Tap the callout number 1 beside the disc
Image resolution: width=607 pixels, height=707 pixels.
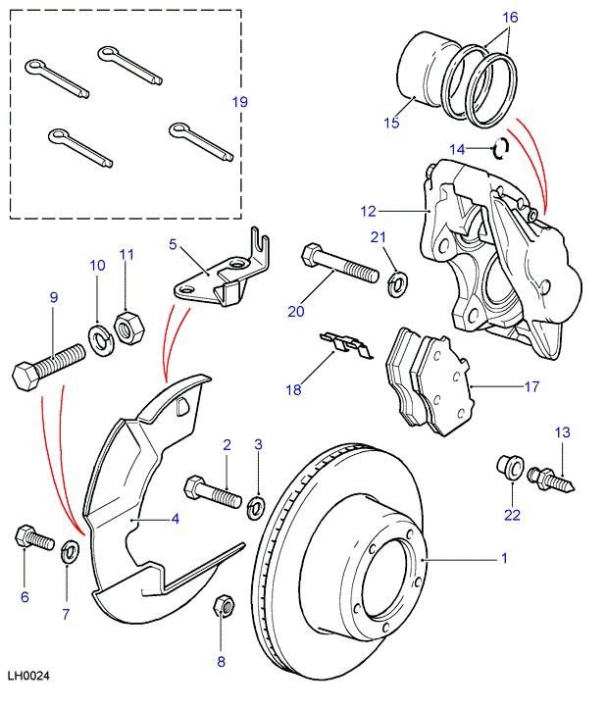pos(504,558)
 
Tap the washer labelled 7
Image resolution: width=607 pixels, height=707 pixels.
pos(71,549)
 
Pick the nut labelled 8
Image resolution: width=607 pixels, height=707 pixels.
pos(222,606)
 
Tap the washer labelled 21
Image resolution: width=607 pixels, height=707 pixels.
pos(398,284)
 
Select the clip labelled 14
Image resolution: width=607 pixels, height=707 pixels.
pos(501,148)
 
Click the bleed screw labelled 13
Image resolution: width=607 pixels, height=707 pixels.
pos(555,480)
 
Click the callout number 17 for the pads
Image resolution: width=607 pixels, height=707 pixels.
pos(531,386)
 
